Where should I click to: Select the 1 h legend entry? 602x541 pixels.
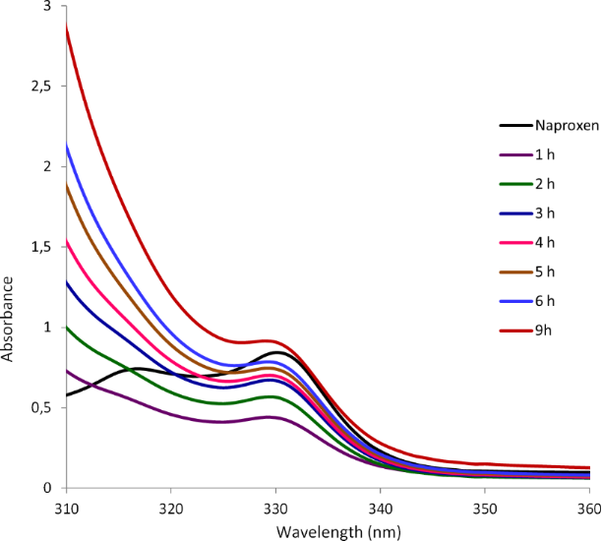[x=544, y=153]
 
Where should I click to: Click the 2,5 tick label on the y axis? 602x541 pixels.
[x=42, y=87]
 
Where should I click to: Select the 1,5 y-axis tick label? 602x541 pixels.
[x=42, y=247]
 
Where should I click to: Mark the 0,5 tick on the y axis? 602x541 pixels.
[x=42, y=408]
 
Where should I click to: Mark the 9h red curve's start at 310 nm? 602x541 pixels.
[x=66, y=27]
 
